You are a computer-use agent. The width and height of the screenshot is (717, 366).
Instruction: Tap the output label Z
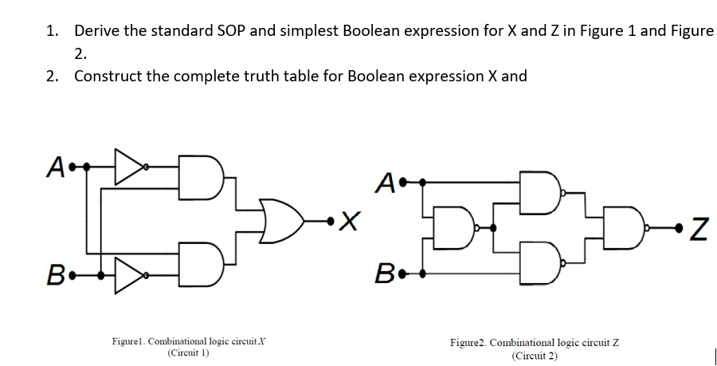click(697, 230)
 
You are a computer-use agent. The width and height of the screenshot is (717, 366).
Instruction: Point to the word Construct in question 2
click(108, 77)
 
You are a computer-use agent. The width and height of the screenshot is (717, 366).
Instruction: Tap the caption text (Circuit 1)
click(188, 352)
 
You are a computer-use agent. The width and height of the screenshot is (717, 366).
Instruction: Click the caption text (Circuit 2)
click(535, 356)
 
